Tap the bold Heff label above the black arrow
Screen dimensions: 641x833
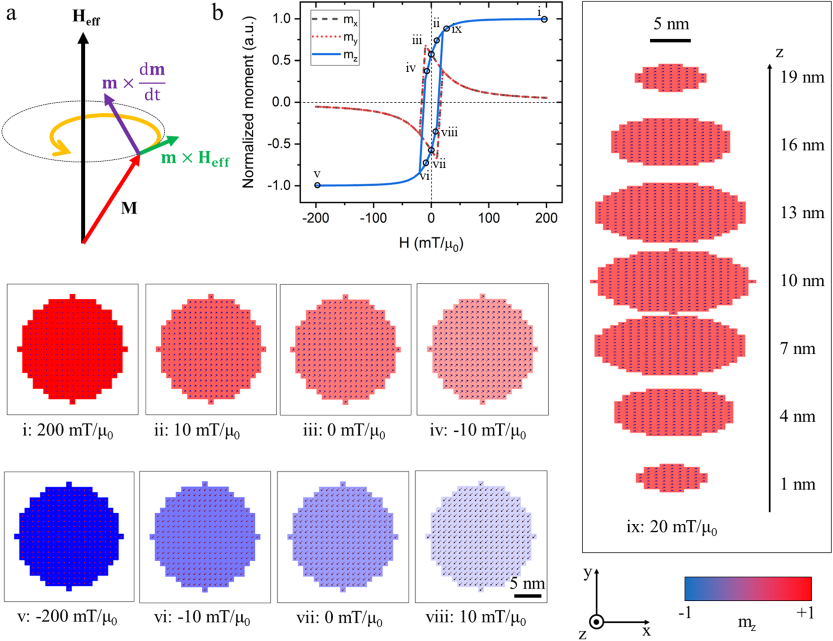pyautogui.click(x=86, y=17)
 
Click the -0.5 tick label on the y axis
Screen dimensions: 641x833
pyautogui.click(x=281, y=144)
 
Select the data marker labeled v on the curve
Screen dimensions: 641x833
pyautogui.click(x=317, y=185)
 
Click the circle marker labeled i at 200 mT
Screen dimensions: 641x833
pyautogui.click(x=544, y=19)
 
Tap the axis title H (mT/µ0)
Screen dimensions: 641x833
pyautogui.click(x=431, y=243)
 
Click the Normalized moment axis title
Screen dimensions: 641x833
pyautogui.click(x=248, y=102)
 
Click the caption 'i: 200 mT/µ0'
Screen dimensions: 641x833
pyautogui.click(x=68, y=430)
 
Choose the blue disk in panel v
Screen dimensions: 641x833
pyautogui.click(x=69, y=536)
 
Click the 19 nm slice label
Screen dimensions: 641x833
pyautogui.click(x=802, y=77)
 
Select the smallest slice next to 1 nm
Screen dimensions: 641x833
pyautogui.click(x=672, y=478)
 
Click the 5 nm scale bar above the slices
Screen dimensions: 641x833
pyautogui.click(x=670, y=40)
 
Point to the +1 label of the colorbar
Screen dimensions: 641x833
pyautogui.click(x=805, y=613)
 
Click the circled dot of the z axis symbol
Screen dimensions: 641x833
pyautogui.click(x=597, y=622)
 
